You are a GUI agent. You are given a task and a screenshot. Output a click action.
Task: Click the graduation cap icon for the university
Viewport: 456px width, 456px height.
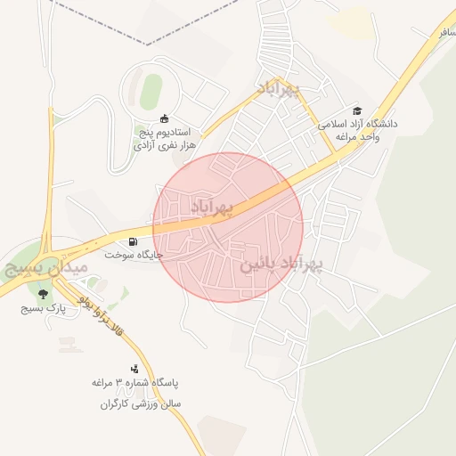click(357, 111)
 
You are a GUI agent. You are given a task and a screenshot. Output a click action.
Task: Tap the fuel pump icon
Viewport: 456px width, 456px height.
click(133, 240)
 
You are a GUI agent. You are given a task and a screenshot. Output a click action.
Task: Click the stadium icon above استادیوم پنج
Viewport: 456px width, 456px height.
click(164, 118)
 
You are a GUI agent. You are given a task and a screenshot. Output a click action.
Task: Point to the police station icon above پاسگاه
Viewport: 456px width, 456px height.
click(135, 368)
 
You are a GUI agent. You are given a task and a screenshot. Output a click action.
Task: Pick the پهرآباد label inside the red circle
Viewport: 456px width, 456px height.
click(211, 208)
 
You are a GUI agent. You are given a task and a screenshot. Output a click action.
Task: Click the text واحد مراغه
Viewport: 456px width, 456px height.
click(357, 139)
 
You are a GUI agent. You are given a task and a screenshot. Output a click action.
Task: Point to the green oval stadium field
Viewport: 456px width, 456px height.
click(151, 89)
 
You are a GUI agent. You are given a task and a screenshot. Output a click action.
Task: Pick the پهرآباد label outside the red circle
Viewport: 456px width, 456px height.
click(280, 89)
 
